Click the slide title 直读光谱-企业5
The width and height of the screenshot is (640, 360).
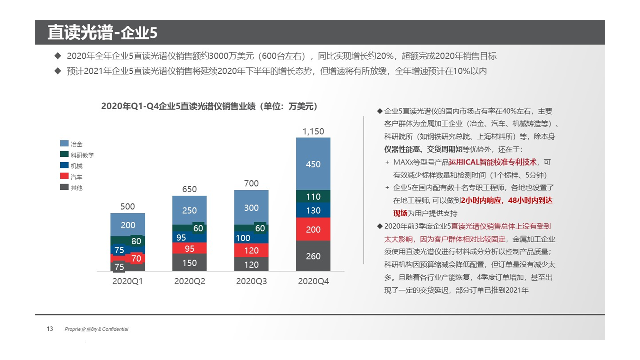(x=102, y=32)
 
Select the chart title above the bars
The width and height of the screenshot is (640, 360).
(x=209, y=106)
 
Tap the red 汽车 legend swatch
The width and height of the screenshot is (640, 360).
(x=64, y=177)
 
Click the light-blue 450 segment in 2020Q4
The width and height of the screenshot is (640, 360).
(x=313, y=164)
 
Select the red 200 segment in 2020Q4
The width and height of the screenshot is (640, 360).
(x=313, y=229)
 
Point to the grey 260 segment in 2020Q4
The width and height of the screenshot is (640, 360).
(x=313, y=256)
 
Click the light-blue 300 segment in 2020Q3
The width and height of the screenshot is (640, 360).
(x=251, y=207)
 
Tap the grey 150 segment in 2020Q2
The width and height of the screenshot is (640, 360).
(x=189, y=263)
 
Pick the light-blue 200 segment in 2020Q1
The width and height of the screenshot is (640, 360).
(x=128, y=225)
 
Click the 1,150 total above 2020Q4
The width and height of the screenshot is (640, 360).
(x=313, y=132)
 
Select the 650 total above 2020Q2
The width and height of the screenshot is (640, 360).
(x=189, y=189)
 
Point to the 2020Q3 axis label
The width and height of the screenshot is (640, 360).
(x=251, y=282)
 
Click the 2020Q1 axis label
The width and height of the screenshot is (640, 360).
(x=128, y=282)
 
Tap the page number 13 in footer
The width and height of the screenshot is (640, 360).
(x=50, y=329)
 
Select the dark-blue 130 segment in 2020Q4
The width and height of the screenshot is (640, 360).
(x=313, y=210)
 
